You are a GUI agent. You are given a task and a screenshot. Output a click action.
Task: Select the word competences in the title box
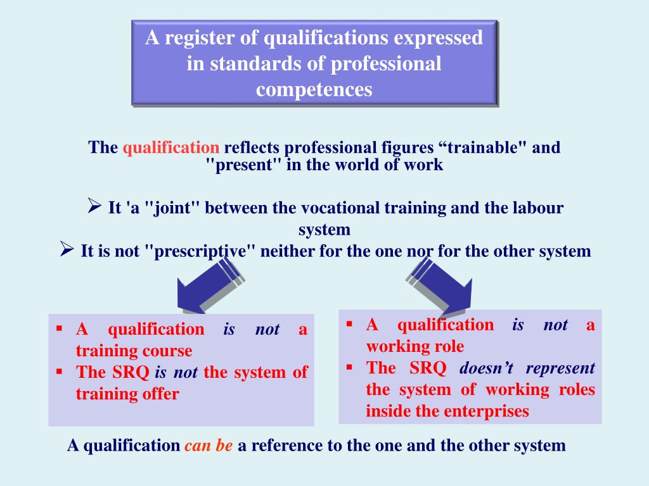click(314, 89)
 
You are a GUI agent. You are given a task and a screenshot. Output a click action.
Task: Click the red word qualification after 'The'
click(171, 148)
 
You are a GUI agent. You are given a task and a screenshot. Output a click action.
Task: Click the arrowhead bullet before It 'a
click(94, 206)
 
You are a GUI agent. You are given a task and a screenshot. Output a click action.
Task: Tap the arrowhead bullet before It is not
click(67, 249)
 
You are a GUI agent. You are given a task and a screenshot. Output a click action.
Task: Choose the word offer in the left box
click(161, 394)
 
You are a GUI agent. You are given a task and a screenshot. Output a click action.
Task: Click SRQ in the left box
click(131, 372)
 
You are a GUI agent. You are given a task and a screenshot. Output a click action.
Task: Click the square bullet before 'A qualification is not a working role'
click(349, 324)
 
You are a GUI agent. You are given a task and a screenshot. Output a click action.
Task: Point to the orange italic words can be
click(209, 445)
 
